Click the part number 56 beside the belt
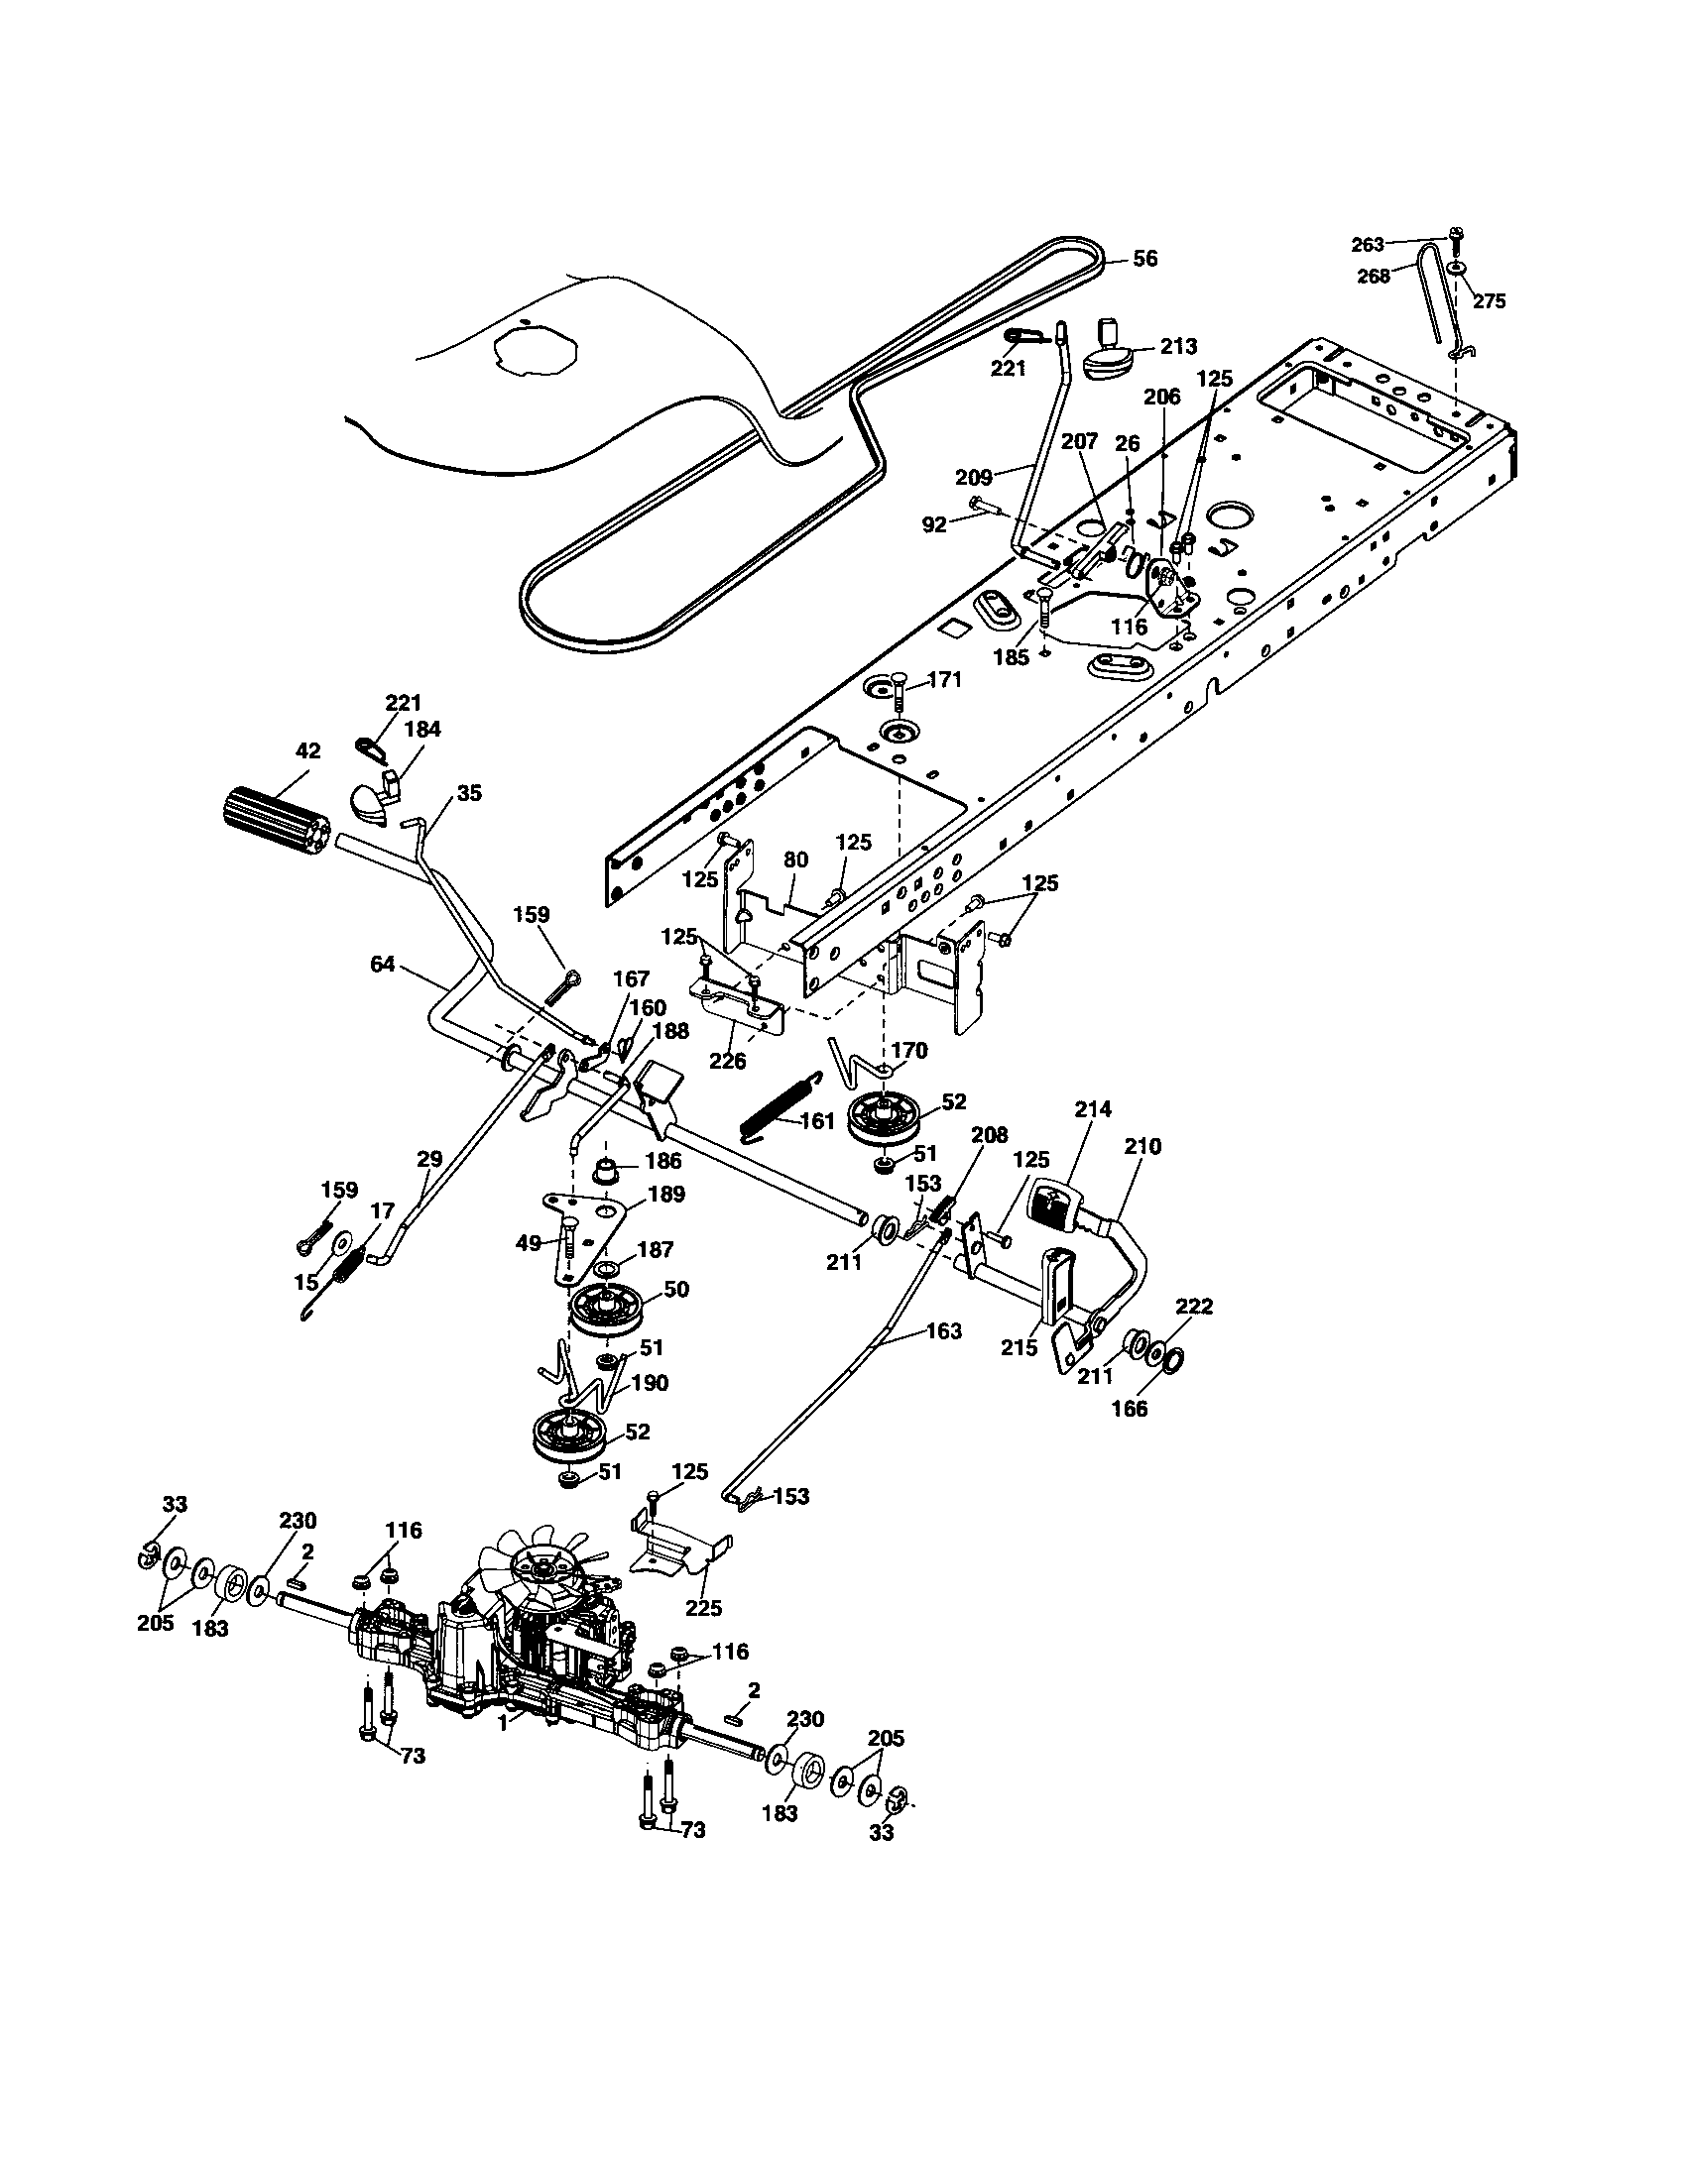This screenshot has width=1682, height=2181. [x=1144, y=258]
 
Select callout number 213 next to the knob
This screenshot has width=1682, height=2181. [x=1178, y=346]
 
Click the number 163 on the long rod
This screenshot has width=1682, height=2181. [x=944, y=1330]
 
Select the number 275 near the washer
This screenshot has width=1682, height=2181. [x=1489, y=301]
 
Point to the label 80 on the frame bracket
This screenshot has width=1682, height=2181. [x=795, y=859]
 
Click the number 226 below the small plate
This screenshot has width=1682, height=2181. [x=727, y=1061]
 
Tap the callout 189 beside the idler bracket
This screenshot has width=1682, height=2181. [x=665, y=1195]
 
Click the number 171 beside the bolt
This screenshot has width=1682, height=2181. [x=944, y=679]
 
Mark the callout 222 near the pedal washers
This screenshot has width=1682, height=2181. [x=1195, y=1307]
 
